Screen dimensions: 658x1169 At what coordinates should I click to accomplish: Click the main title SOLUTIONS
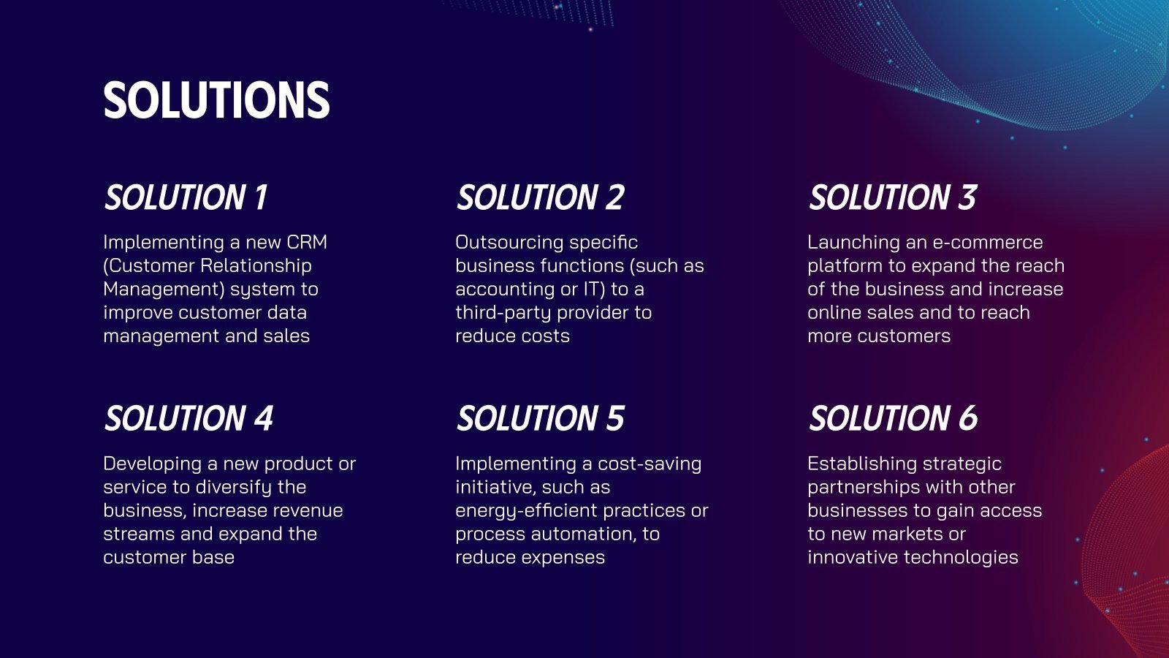point(216,100)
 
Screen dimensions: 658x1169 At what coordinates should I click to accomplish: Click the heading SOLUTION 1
point(186,197)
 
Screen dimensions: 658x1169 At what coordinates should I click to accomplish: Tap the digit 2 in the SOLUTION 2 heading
point(614,197)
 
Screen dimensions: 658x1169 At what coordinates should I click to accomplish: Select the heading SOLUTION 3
point(892,197)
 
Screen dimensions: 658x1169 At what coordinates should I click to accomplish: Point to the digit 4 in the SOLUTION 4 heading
point(263,418)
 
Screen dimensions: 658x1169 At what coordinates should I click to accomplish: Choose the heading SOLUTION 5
point(540,418)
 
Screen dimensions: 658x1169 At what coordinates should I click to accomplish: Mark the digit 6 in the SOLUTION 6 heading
point(967,418)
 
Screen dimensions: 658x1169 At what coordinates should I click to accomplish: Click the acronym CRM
point(307,242)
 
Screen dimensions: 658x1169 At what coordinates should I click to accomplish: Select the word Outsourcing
point(509,242)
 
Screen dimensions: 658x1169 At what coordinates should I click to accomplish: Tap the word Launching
point(853,242)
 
